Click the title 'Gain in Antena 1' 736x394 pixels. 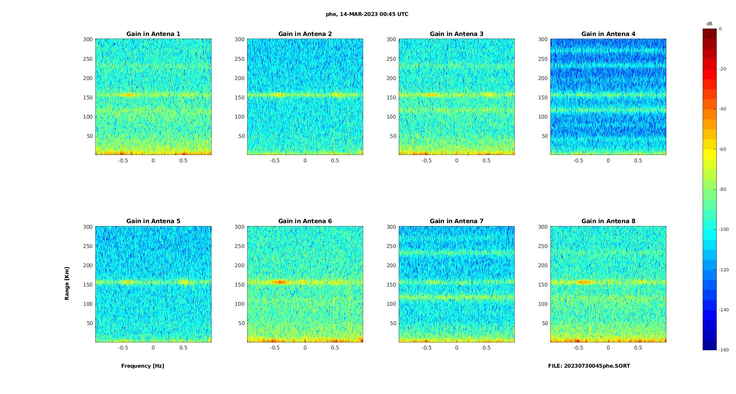tap(153, 34)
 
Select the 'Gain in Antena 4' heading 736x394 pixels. tap(608, 34)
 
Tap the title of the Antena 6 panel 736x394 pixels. tap(305, 221)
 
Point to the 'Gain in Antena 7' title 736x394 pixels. tap(457, 221)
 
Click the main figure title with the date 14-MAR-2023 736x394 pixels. tap(367, 14)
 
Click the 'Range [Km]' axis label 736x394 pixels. tap(67, 284)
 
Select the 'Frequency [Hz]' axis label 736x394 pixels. tap(143, 366)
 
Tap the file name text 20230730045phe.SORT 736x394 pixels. tap(589, 366)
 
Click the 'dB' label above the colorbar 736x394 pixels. tap(709, 24)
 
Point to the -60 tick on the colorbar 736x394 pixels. tap(722, 149)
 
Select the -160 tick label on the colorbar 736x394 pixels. tap(723, 350)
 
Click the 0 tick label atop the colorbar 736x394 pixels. tap(720, 29)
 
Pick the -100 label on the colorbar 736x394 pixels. tap(723, 229)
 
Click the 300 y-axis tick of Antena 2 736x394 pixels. tap(239, 39)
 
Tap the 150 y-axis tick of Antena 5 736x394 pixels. tap(88, 285)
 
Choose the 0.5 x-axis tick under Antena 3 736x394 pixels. tap(487, 160)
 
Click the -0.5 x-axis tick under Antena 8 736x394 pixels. tap(578, 348)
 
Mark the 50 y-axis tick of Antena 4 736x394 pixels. tap(544, 136)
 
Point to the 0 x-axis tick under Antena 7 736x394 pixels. tap(457, 348)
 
